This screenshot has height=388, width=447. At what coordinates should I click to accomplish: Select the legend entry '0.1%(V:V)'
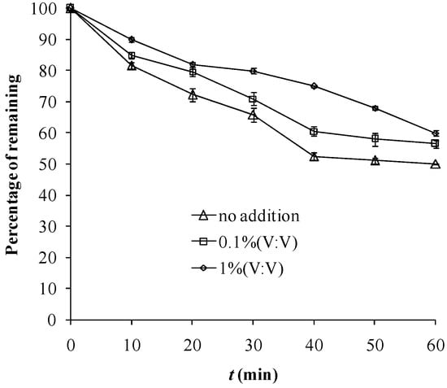click(245, 241)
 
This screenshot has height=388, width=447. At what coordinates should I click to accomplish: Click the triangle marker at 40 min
click(314, 156)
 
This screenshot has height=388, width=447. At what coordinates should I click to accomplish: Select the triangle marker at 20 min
click(192, 95)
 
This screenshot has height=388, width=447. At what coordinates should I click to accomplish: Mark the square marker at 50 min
click(375, 139)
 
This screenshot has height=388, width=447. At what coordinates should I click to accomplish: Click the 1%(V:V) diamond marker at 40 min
click(314, 86)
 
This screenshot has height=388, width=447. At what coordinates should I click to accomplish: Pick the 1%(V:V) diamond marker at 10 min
click(131, 39)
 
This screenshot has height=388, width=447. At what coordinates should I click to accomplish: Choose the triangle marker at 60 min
click(436, 163)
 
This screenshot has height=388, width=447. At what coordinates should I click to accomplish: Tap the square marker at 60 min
click(436, 143)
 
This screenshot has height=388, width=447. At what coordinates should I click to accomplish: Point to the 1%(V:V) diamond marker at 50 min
click(375, 108)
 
